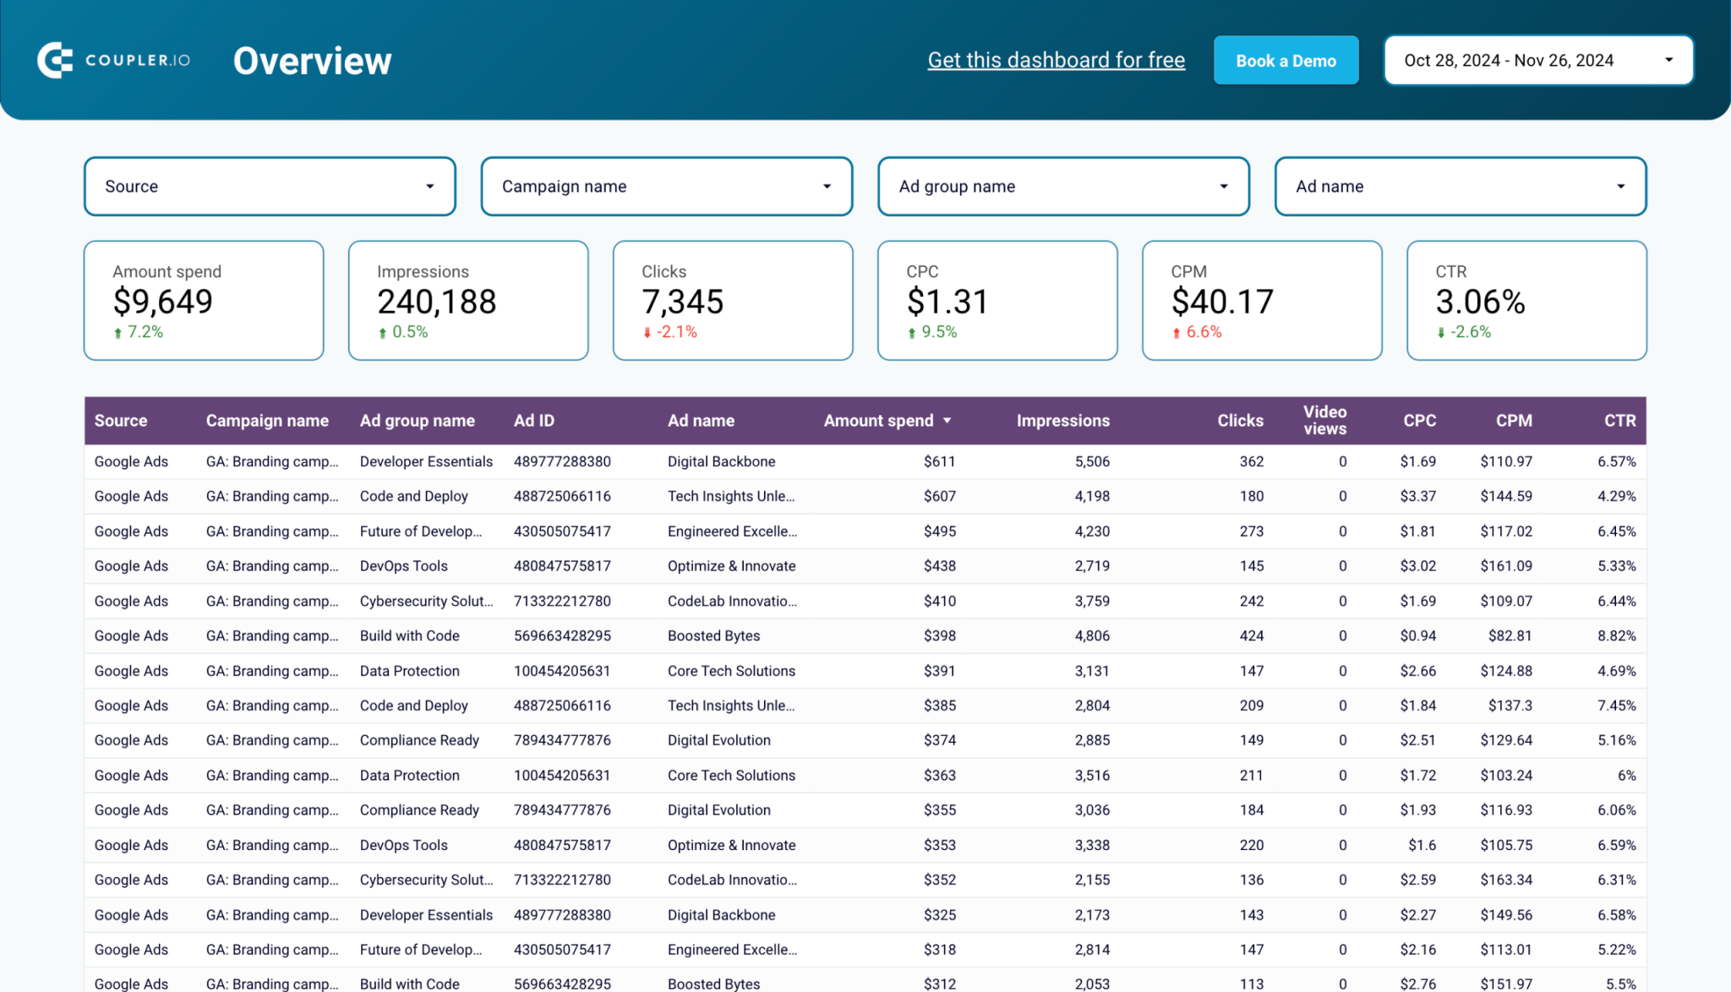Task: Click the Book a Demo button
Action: point(1286,61)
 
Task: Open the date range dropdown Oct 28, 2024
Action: point(1537,61)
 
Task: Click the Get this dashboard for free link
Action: point(1056,60)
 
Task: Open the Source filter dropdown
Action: point(270,186)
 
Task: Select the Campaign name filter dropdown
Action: point(666,186)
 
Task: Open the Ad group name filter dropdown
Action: point(1062,186)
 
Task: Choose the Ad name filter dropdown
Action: point(1460,186)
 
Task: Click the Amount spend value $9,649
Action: point(163,302)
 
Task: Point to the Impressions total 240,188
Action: point(436,302)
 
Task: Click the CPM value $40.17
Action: point(1222,302)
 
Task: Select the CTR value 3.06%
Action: point(1480,302)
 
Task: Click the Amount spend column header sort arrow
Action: point(947,421)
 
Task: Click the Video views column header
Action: point(1324,420)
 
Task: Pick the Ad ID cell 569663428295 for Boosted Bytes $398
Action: point(562,635)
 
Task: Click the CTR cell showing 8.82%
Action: point(1616,635)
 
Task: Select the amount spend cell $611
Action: point(939,461)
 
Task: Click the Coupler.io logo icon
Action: point(55,60)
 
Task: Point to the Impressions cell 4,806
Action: point(1092,635)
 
